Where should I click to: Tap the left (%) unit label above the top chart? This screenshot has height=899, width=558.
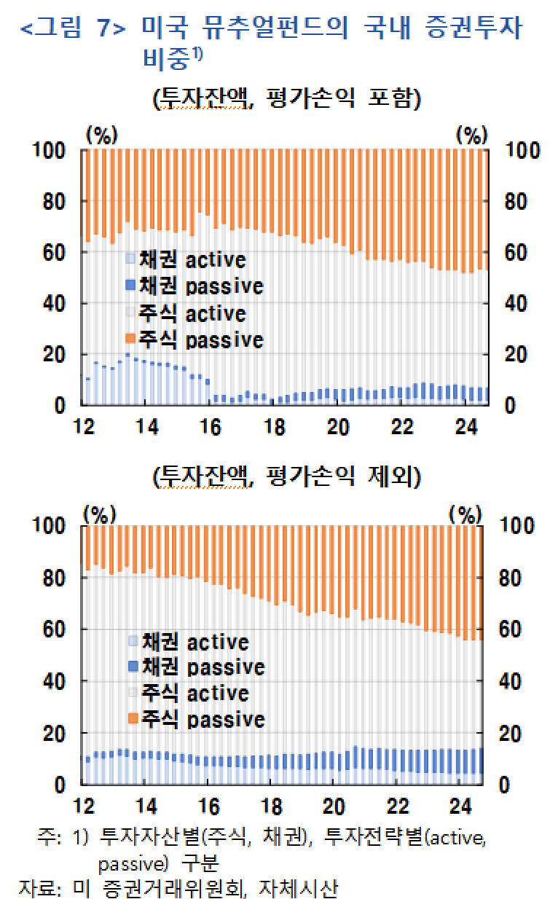(101, 135)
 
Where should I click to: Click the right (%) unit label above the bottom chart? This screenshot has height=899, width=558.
(465, 514)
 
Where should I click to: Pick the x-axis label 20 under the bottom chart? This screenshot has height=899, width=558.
(333, 806)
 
